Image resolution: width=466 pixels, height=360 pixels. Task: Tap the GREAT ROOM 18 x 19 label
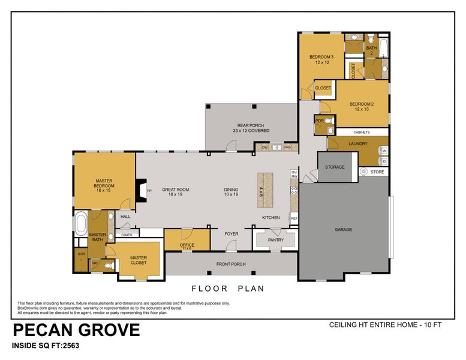179,192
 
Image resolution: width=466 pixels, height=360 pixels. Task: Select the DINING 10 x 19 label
231,192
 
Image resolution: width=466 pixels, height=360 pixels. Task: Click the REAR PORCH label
251,128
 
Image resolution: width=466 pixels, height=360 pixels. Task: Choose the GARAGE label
343,230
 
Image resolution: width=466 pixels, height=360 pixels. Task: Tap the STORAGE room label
335,167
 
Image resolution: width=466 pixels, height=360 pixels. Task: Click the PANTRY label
275,240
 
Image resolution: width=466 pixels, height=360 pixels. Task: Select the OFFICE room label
187,245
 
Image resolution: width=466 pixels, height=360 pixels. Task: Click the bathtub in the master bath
80,224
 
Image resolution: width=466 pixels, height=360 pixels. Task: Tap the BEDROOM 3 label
321,59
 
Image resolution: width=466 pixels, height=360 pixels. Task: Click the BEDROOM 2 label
361,106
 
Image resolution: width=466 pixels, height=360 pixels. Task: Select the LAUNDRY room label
357,144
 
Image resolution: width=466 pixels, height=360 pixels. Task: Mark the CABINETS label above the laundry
361,132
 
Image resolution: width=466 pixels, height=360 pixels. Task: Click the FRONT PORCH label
230,264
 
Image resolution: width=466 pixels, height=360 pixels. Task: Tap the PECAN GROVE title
76,330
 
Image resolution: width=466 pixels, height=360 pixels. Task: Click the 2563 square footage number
69,346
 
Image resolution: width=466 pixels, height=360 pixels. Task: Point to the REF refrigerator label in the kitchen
294,218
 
